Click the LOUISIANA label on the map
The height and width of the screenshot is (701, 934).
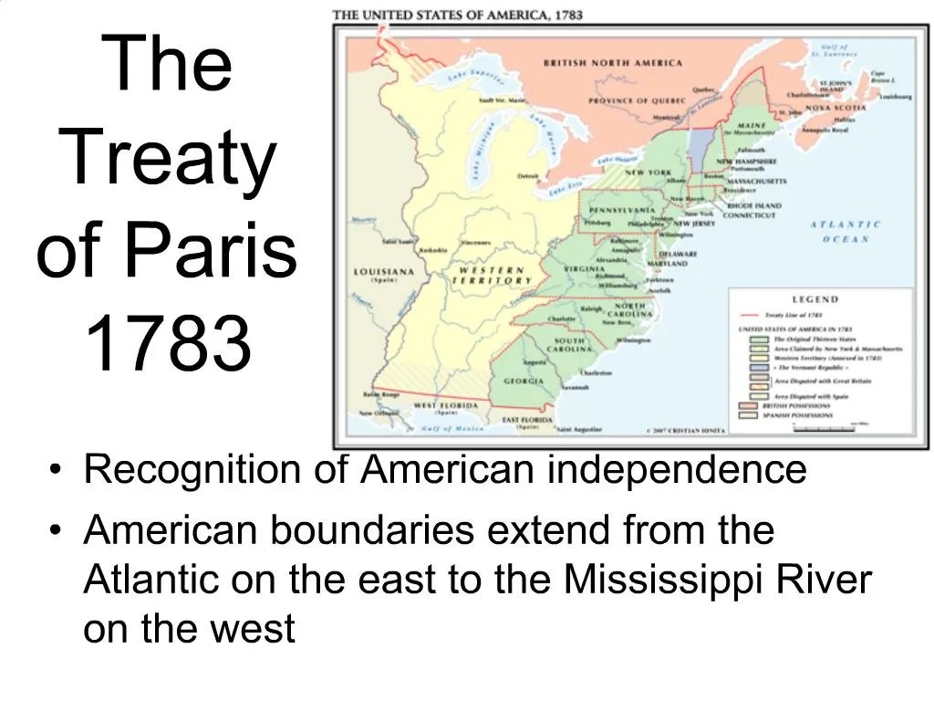tap(383, 272)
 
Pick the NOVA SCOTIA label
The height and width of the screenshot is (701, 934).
tap(835, 108)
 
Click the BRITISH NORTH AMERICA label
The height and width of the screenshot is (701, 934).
tap(612, 63)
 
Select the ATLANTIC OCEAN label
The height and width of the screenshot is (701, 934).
tap(846, 231)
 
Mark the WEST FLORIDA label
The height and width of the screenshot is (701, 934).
tap(447, 404)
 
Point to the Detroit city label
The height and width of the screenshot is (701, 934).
tap(528, 176)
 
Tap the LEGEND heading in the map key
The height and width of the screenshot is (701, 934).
tap(815, 299)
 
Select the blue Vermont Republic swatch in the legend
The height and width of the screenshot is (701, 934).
tap(754, 369)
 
